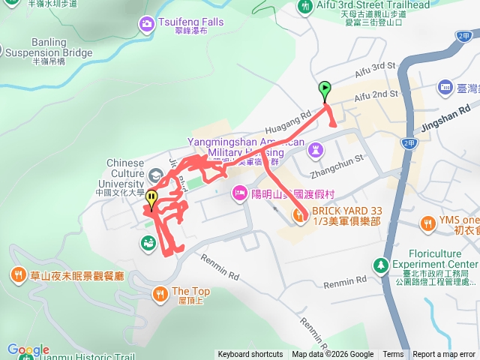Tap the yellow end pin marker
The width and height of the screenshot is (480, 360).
pos(151,199)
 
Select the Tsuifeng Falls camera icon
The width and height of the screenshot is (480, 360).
pos(145,25)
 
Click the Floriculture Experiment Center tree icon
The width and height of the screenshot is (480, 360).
pos(381,265)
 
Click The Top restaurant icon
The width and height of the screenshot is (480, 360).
pos(159,292)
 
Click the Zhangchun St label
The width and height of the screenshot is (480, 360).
pos(343,159)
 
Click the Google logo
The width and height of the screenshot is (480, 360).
pos(28,350)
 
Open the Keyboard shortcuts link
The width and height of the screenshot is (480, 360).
pos(250,355)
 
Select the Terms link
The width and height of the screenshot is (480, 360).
pos(393,355)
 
